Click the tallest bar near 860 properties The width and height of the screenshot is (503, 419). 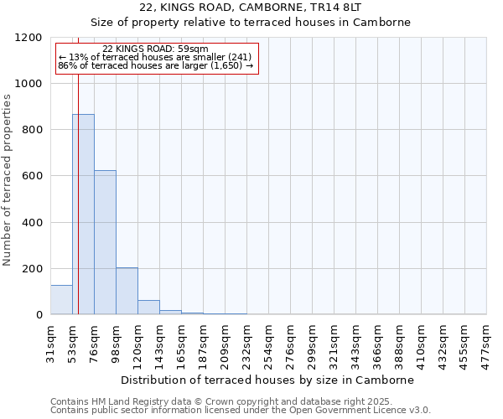(x=83, y=215)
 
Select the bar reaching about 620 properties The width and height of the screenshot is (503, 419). (x=105, y=243)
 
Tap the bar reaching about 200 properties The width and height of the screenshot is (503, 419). (x=127, y=291)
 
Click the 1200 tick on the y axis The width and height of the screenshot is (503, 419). (x=29, y=38)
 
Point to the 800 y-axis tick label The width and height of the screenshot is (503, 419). (x=32, y=130)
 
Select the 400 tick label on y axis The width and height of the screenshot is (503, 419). (x=32, y=223)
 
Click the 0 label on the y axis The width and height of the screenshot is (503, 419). (x=39, y=315)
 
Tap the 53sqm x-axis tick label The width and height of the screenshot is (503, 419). (x=73, y=344)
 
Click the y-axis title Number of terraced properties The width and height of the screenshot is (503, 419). (x=8, y=180)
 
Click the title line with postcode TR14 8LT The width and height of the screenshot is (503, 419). (x=251, y=7)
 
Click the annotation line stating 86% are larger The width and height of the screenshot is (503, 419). (x=155, y=65)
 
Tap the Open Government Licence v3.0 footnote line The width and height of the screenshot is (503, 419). (x=241, y=411)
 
